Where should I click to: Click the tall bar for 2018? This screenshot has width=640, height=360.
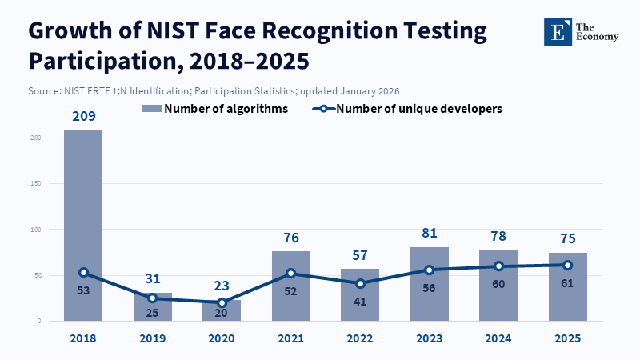click(x=83, y=226)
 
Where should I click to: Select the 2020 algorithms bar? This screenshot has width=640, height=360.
click(x=222, y=310)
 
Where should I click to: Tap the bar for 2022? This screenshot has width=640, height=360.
click(x=360, y=294)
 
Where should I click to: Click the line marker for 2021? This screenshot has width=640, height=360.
click(x=290, y=273)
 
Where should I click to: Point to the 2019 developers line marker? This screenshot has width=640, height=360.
click(x=152, y=298)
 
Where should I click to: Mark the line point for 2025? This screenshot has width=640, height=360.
click(x=567, y=266)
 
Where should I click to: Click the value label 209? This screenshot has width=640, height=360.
click(x=84, y=116)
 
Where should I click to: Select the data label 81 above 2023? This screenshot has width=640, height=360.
click(x=430, y=233)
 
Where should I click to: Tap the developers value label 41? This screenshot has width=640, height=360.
click(x=359, y=302)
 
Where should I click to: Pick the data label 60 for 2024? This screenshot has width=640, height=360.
click(x=498, y=284)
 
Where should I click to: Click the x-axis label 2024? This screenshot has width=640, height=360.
click(x=498, y=338)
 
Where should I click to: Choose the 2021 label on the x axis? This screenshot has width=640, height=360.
click(x=290, y=338)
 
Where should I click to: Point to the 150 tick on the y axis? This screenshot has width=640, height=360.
click(x=36, y=184)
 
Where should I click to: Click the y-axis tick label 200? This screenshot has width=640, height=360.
click(x=36, y=138)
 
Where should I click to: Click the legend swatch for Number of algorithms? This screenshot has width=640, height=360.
click(x=151, y=109)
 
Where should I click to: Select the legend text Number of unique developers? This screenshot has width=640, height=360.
click(x=419, y=109)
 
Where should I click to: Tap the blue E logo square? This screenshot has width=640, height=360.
click(x=558, y=31)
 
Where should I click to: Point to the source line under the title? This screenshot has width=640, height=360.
click(x=214, y=90)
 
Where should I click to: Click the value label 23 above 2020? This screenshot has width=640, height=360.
click(x=222, y=286)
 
